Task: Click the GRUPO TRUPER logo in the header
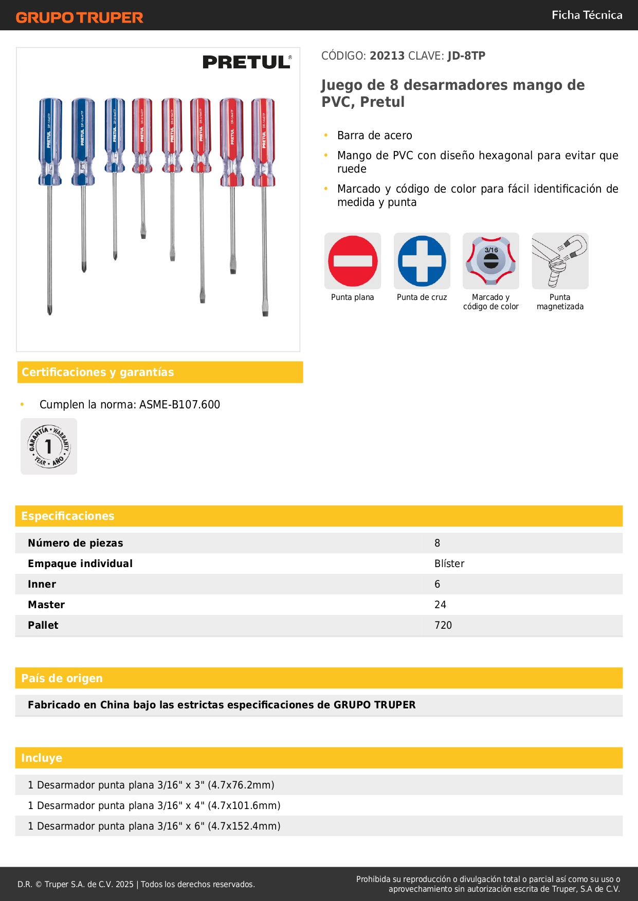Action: [79, 17]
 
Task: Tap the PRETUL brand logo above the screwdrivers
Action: [247, 62]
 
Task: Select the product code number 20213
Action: [387, 56]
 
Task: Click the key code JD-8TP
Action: [466, 56]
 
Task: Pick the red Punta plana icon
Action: [353, 261]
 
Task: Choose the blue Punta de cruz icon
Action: [422, 261]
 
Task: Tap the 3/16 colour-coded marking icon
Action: [491, 261]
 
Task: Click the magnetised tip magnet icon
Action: [560, 261]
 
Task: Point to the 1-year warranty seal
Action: [49, 446]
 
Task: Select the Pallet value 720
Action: [443, 625]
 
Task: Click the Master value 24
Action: [440, 605]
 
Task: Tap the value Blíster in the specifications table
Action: [449, 564]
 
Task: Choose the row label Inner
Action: [42, 584]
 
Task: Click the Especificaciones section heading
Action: [68, 516]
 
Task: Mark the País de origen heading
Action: [62, 679]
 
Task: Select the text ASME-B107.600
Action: [179, 405]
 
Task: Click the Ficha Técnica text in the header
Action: [587, 15]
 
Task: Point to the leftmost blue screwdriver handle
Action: [50, 141]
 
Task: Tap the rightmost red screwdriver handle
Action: [263, 141]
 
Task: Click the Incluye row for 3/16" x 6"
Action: [154, 826]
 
